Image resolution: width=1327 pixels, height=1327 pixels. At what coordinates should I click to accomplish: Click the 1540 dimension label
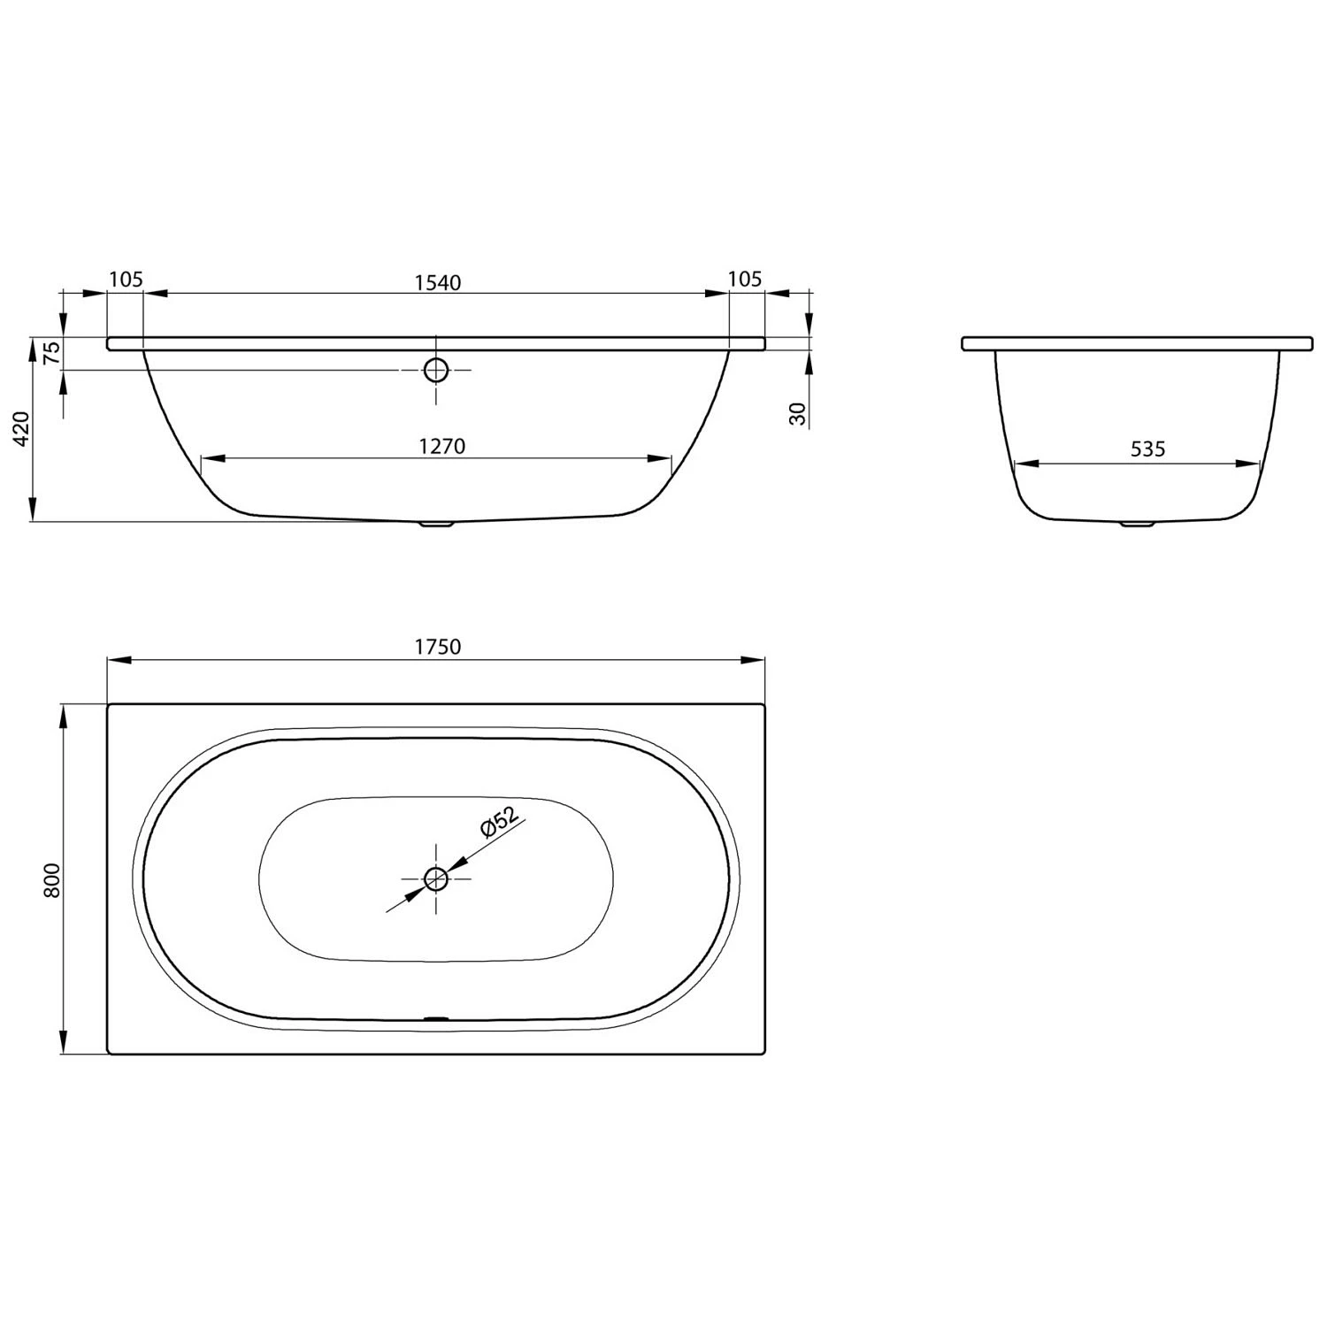[x=438, y=282]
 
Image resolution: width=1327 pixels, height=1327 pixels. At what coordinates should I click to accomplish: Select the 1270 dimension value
[x=441, y=446]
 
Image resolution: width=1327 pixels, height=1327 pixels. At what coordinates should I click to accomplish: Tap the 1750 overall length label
[x=438, y=647]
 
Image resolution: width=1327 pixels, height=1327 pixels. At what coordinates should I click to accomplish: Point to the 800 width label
[x=52, y=879]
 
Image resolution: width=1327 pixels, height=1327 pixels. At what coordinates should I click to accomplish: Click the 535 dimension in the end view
[x=1147, y=449]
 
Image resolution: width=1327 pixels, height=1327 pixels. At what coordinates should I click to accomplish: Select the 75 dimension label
[x=52, y=352]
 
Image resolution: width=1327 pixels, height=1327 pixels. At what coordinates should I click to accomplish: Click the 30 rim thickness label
[x=799, y=413]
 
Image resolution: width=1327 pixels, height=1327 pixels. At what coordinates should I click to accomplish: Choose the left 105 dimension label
[x=126, y=280]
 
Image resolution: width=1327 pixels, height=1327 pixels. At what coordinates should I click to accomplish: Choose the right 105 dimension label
[x=744, y=280]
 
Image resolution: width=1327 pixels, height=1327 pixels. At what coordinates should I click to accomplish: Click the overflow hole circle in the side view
[x=436, y=370]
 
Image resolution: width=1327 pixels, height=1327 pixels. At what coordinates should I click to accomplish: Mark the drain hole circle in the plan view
[x=436, y=879]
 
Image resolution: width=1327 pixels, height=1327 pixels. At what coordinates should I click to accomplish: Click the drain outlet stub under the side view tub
[x=435, y=524]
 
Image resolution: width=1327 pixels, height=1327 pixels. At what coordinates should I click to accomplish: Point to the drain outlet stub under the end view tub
[x=1138, y=525]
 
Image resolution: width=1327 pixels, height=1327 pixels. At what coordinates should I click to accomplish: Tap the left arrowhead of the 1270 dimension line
[x=213, y=459]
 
